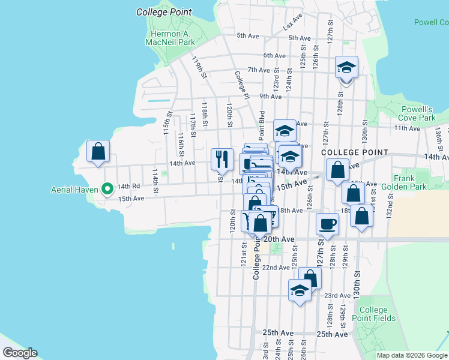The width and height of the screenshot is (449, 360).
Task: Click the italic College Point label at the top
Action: (x=164, y=12)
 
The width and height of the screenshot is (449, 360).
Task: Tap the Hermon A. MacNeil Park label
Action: (x=170, y=38)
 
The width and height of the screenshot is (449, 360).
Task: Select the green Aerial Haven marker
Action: (x=108, y=190)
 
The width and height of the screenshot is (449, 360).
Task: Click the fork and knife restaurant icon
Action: (x=221, y=158)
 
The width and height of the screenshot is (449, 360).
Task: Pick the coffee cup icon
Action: (x=327, y=224)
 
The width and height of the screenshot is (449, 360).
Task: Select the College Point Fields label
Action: (x=374, y=314)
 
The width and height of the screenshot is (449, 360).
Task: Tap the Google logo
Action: (x=19, y=353)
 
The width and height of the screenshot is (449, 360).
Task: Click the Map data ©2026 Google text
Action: (x=412, y=355)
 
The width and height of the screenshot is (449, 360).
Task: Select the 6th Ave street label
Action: (x=274, y=56)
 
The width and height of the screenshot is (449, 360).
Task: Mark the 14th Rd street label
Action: (x=128, y=187)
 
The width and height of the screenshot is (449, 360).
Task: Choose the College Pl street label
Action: (x=241, y=85)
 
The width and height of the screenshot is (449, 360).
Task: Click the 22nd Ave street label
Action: (x=279, y=268)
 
